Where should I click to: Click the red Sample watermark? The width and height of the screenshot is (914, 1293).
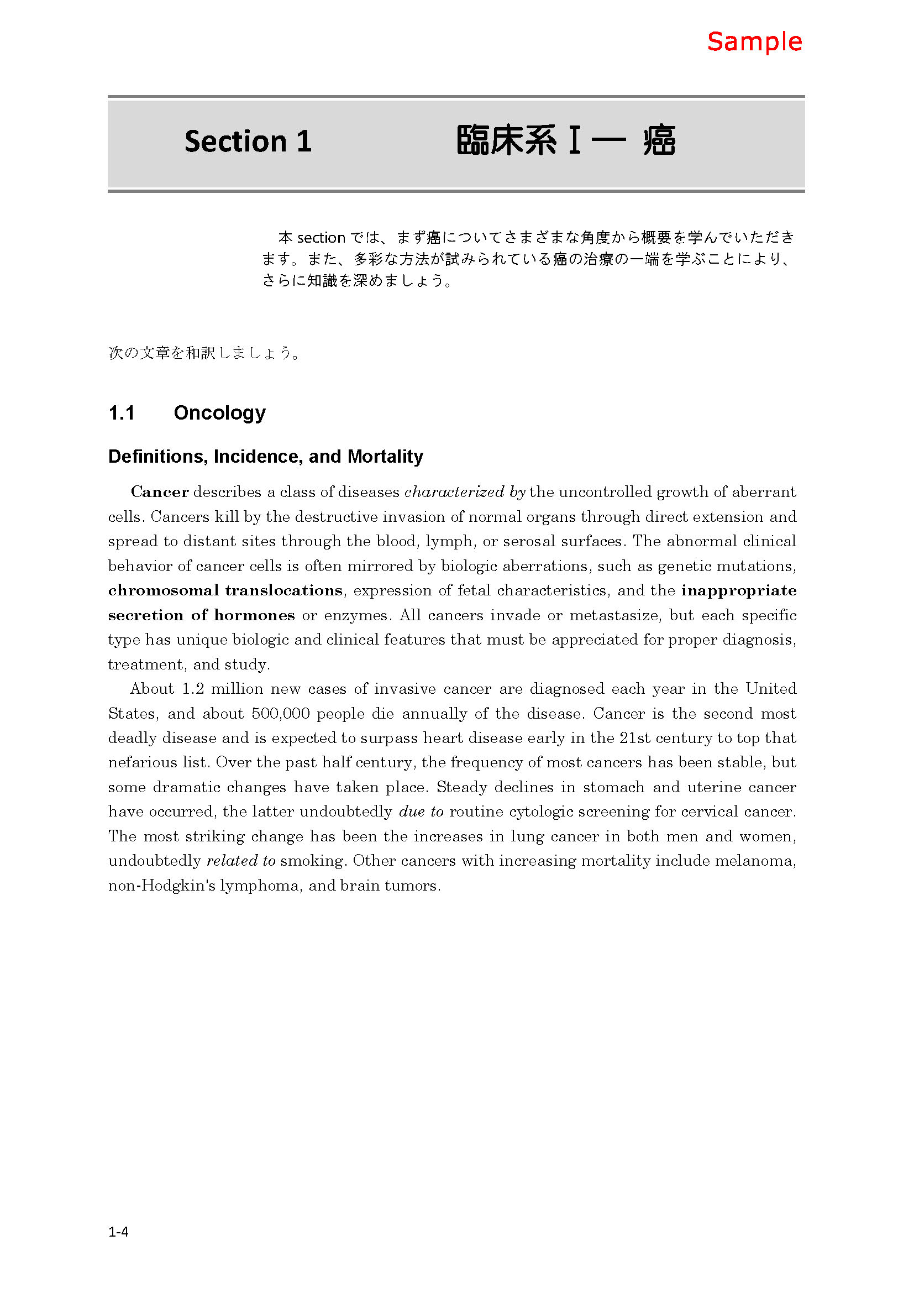point(754,42)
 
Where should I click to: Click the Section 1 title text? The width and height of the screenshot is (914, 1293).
point(248,141)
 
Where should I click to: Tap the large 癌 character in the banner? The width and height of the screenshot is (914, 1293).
point(659,140)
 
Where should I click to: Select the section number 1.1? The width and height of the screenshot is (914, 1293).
point(122,413)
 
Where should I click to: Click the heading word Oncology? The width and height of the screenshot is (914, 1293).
point(219,413)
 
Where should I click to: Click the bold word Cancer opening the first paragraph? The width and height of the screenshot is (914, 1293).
point(160,491)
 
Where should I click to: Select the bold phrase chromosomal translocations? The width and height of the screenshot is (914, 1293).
point(225,590)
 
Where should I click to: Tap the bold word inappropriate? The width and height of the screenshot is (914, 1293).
point(738,590)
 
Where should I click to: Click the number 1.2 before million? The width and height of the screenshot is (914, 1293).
point(193,689)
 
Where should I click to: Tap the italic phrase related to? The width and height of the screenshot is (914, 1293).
point(241,861)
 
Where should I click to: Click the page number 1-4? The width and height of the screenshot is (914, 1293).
point(118,1232)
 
